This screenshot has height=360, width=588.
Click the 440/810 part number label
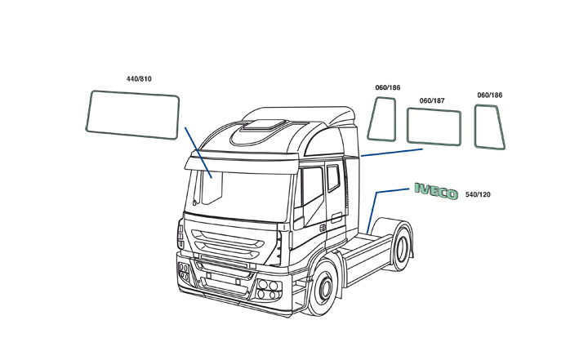pyautogui.click(x=139, y=78)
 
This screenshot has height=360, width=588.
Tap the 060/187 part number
pyautogui.click(x=432, y=100)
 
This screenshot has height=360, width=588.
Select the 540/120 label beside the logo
pyautogui.click(x=478, y=194)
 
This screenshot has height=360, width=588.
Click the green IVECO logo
pyautogui.click(x=436, y=191)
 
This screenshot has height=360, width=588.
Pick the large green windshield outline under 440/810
pyautogui.click(x=132, y=115)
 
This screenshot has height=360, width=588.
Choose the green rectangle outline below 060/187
pyautogui.click(x=434, y=127)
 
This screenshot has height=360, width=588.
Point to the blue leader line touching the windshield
pyautogui.click(x=198, y=153)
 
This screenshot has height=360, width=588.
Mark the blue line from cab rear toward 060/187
pyautogui.click(x=392, y=153)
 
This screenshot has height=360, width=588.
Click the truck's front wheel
pyautogui.click(x=323, y=288)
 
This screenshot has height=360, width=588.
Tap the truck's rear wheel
pyautogui.click(x=401, y=246)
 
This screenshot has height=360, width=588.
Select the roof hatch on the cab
pyautogui.click(x=265, y=125)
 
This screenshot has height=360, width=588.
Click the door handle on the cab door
pyautogui.click(x=336, y=217)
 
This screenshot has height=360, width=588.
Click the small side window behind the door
pyautogui.click(x=333, y=178)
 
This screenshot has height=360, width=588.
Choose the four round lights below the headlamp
pyautogui.click(x=269, y=290)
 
